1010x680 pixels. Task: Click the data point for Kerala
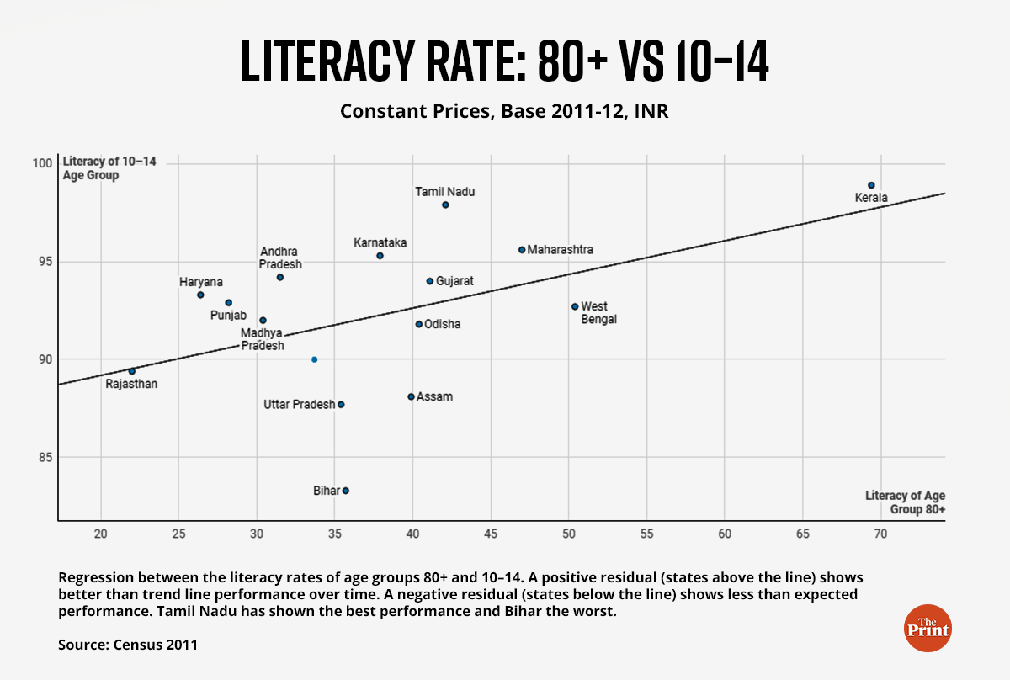pyautogui.click(x=871, y=185)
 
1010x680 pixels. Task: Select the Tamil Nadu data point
pyautogui.click(x=445, y=205)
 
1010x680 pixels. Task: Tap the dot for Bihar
pyautogui.click(x=345, y=491)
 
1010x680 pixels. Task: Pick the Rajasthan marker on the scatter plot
pyautogui.click(x=131, y=371)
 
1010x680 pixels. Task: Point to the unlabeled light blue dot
pyautogui.click(x=314, y=359)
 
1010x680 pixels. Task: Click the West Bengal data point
pyautogui.click(x=575, y=306)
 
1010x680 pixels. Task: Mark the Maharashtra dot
pyautogui.click(x=522, y=250)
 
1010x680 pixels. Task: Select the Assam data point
pyautogui.click(x=411, y=396)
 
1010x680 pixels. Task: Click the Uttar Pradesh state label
pyautogui.click(x=299, y=405)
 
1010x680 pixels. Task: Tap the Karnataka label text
pyautogui.click(x=380, y=243)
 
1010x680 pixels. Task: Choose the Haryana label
pyautogui.click(x=200, y=282)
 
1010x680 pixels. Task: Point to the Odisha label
pyautogui.click(x=442, y=324)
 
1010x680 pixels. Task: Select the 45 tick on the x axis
pyautogui.click(x=491, y=534)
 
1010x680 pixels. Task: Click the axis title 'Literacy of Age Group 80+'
pyautogui.click(x=905, y=502)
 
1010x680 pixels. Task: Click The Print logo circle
pyautogui.click(x=927, y=627)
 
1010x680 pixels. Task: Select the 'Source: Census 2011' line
pyautogui.click(x=127, y=645)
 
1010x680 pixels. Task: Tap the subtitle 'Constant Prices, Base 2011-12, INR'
pyautogui.click(x=504, y=111)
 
